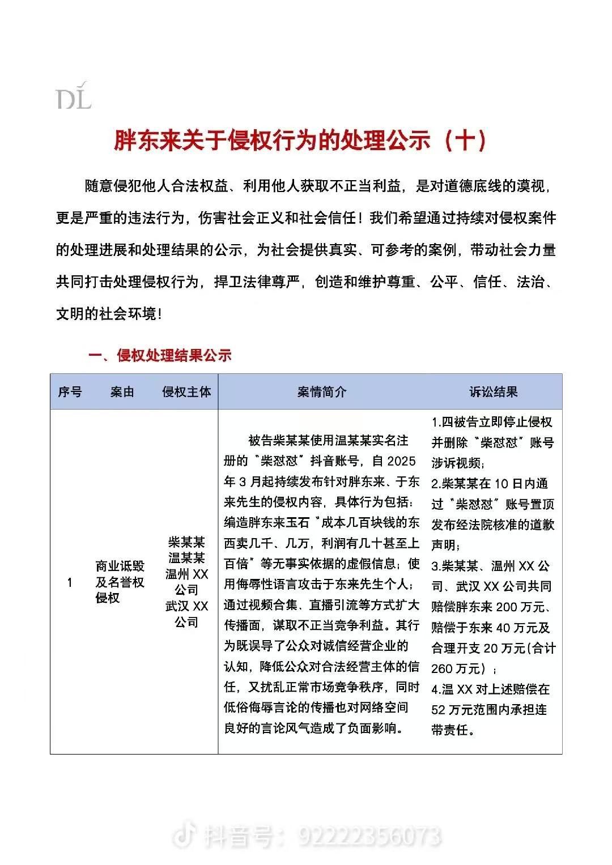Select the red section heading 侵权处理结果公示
pos(174,355)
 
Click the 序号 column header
pos(70,391)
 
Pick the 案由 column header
pos(122,391)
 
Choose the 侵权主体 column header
pos(186,391)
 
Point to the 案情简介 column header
pos(322,391)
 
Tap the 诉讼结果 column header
pos(493,391)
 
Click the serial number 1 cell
pos(70,582)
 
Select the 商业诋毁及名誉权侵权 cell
pos(120,582)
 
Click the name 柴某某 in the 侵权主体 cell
pos(186,542)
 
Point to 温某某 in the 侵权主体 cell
pos(186,558)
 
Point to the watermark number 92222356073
pos(369,836)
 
